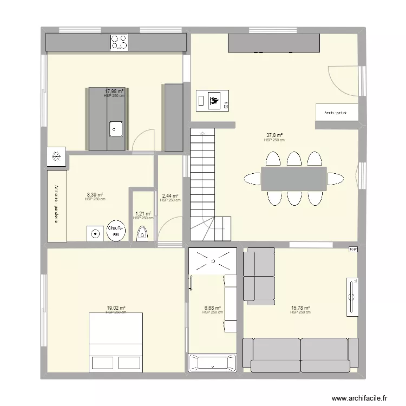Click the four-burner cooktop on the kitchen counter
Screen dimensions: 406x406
(119, 42)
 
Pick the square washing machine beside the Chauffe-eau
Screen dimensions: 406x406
(95, 234)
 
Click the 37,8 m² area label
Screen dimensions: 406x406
(274, 135)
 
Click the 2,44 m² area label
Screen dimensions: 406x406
(171, 196)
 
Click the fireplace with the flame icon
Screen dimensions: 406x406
(212, 100)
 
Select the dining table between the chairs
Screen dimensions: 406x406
(294, 179)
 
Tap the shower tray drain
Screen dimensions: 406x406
(213, 261)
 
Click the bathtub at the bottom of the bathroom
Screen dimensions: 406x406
(213, 362)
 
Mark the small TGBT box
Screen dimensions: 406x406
(353, 250)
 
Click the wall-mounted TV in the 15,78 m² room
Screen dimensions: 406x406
(352, 296)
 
